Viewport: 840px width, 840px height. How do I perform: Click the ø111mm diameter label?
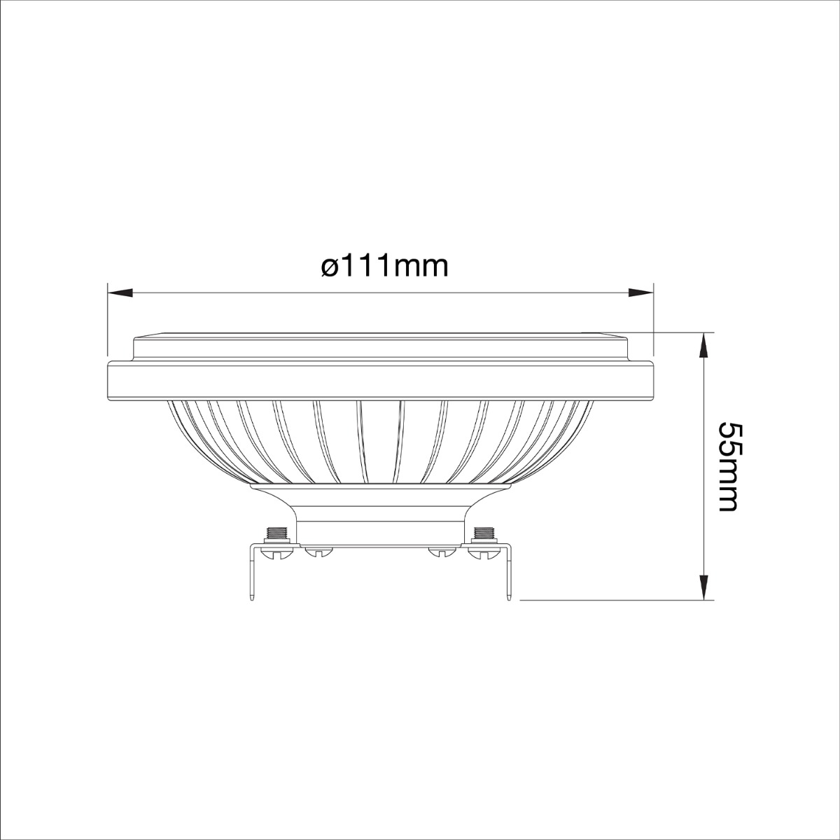(x=384, y=267)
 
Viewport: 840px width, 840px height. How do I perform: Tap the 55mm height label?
(x=729, y=467)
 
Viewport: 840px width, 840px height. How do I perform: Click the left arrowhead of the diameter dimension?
(x=120, y=293)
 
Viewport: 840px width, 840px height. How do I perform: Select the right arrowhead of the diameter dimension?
(x=640, y=293)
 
